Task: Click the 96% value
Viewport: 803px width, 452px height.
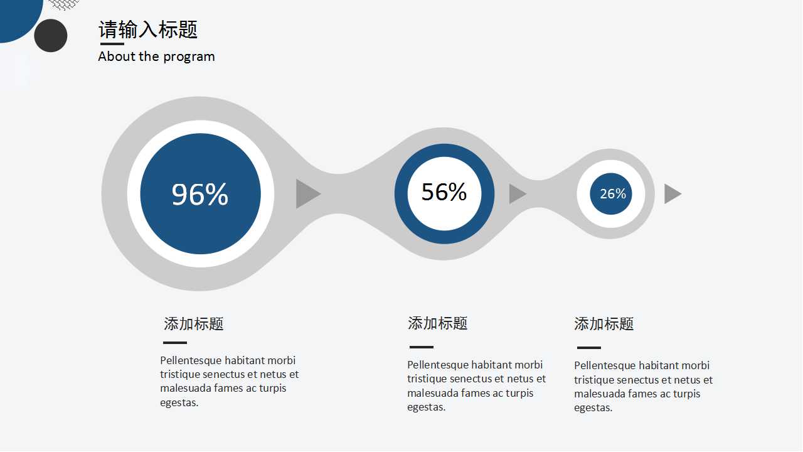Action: point(199,194)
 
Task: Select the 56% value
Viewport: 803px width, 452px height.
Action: point(444,192)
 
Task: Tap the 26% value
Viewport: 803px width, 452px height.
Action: point(613,194)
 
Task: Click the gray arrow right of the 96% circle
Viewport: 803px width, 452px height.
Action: point(308,194)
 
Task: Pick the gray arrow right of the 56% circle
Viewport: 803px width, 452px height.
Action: point(518,194)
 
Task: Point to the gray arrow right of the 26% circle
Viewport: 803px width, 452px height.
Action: point(673,194)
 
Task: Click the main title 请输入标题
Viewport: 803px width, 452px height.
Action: point(148,30)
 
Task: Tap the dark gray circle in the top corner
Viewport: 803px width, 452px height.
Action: point(51,36)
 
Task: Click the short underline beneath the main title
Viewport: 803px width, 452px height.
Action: point(112,44)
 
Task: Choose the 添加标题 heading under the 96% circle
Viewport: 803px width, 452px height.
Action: point(194,323)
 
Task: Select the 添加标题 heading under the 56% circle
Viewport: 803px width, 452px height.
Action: point(438,323)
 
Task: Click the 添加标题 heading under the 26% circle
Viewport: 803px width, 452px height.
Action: point(604,323)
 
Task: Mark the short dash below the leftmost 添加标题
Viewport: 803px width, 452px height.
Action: point(175,343)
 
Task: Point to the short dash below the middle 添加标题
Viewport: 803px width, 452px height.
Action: point(422,347)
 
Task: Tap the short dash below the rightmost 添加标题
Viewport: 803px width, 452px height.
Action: point(589,348)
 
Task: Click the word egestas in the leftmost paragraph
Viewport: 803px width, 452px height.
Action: point(179,403)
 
